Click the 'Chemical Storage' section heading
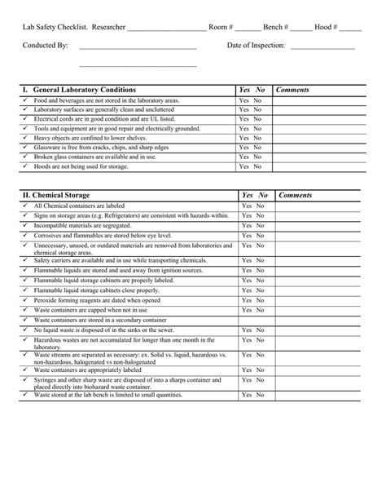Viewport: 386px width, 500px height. coord(68,196)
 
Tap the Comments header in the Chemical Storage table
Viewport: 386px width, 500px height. coord(296,196)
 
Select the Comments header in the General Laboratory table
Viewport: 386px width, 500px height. coord(292,88)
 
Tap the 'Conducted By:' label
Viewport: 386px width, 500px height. coord(46,46)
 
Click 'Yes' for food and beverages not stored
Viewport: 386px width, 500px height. coord(243,100)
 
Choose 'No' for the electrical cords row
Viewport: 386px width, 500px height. coord(257,119)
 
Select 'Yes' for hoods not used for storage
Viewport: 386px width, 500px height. coord(243,166)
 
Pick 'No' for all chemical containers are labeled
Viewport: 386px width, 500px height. coord(260,207)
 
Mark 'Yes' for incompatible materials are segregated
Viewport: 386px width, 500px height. coord(246,224)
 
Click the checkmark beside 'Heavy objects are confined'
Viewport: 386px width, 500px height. coord(25,138)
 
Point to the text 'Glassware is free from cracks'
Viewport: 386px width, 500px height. coord(89,148)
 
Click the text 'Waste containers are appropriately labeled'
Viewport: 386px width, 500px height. coord(90,369)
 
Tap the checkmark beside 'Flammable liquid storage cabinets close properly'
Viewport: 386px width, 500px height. coord(25,290)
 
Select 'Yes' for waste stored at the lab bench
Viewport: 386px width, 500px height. coord(246,395)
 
